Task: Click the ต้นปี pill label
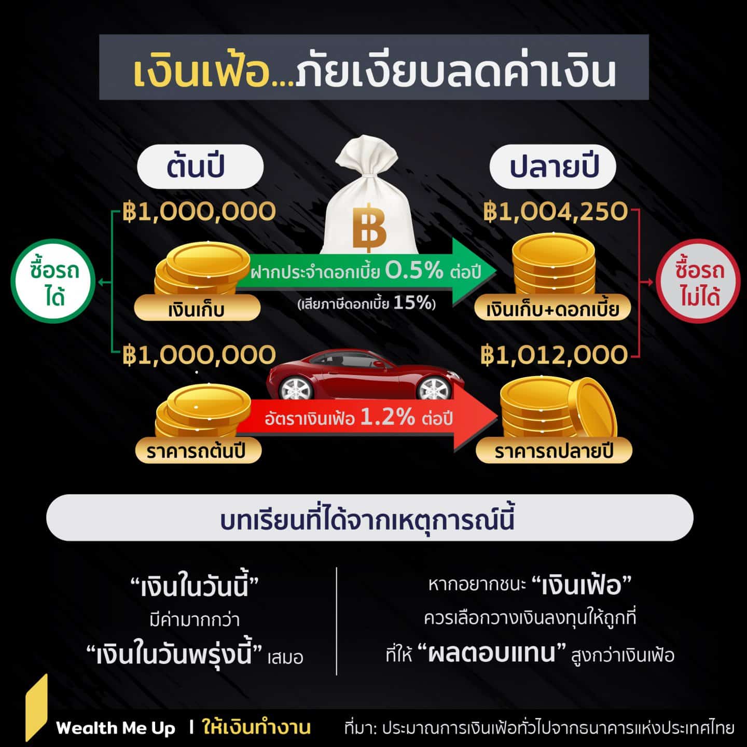point(200,167)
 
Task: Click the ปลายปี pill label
point(553,167)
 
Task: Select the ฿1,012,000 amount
point(554,355)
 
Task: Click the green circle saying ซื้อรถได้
point(53,281)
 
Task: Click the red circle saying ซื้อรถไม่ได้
point(698,281)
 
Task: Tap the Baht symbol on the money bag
point(369,226)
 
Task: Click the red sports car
point(364,375)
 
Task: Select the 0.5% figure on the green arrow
point(414,270)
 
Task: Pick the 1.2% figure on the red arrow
point(388,417)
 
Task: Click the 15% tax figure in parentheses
point(412,303)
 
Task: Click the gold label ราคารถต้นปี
point(198,451)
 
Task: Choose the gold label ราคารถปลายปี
point(554,451)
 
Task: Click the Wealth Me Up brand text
point(116,728)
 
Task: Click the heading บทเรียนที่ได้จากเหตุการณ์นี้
point(367,519)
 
